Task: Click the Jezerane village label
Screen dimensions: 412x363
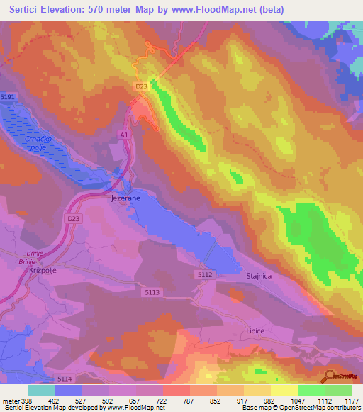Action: pos(125,199)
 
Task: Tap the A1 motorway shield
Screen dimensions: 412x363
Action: pos(124,134)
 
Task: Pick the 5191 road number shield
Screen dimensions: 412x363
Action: pos(9,96)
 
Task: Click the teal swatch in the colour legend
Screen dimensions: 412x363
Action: pos(42,389)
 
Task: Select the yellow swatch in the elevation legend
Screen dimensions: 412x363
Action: pos(284,389)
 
